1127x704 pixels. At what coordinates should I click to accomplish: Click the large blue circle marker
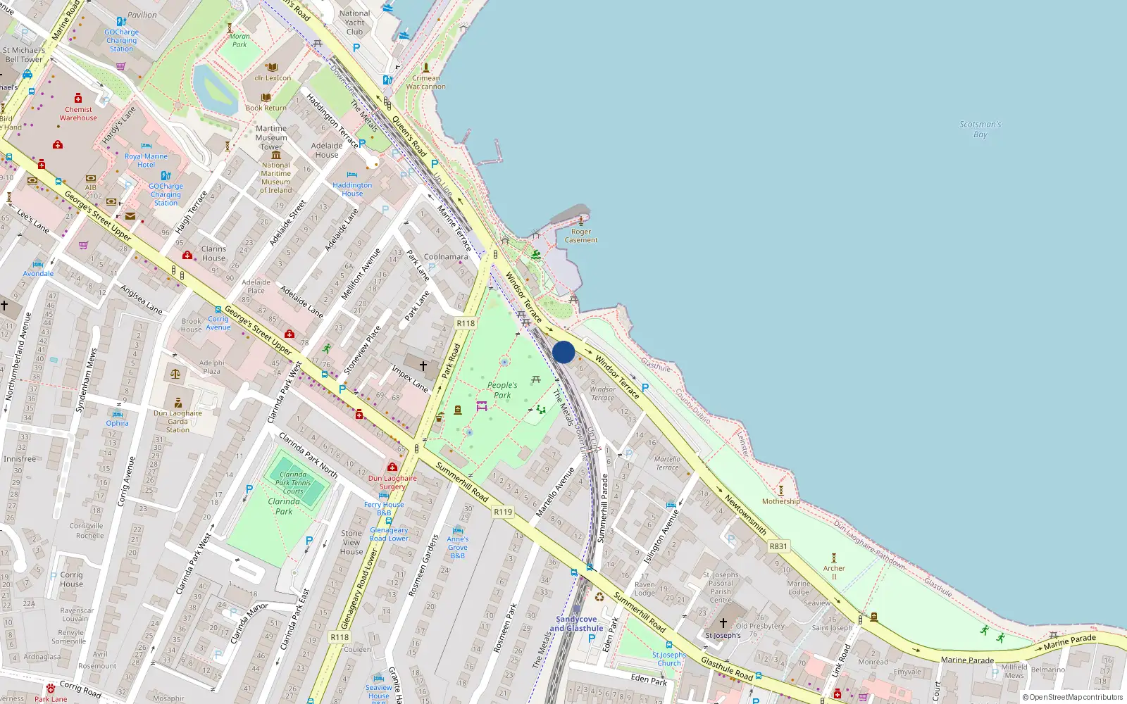pos(563,352)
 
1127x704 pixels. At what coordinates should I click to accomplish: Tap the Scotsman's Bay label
pos(980,129)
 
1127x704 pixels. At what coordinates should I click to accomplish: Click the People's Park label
pos(502,390)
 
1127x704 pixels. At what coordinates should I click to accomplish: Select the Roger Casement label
pos(581,236)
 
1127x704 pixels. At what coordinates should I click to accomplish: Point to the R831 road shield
pos(778,546)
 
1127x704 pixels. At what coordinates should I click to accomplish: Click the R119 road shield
pos(503,512)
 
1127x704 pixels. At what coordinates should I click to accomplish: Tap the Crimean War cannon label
pos(425,82)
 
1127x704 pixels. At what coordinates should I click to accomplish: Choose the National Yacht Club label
pos(354,23)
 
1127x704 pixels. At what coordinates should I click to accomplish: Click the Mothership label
pos(780,501)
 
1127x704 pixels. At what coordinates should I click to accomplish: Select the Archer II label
pos(834,572)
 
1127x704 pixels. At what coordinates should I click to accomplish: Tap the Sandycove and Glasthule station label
pos(576,624)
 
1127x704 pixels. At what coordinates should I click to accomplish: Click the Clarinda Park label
pos(284,506)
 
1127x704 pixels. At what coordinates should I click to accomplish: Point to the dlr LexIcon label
pos(273,78)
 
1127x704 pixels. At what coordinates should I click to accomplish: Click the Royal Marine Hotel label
pos(146,161)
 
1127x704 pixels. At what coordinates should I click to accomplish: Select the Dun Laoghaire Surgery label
pos(392,482)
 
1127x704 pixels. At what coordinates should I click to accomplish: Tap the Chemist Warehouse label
pos(78,113)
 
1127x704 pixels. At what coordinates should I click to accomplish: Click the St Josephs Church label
pos(669,659)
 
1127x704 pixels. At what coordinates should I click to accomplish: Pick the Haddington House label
pos(352,189)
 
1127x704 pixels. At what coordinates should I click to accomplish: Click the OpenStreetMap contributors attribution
pos(1072,697)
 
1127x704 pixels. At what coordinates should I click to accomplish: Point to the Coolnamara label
pos(446,257)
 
